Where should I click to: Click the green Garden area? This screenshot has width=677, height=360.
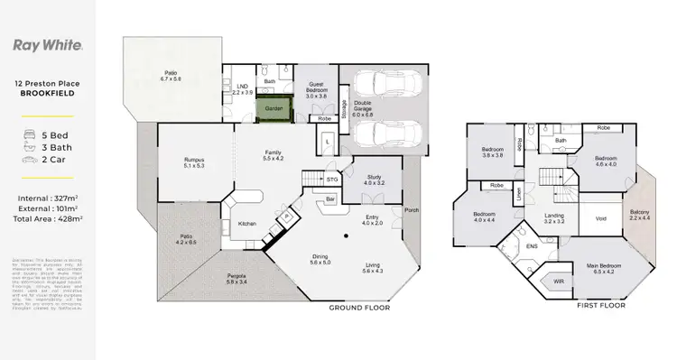pyautogui.click(x=274, y=109)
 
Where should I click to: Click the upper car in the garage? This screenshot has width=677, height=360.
pyautogui.click(x=385, y=88)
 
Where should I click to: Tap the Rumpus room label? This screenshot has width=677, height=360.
pyautogui.click(x=194, y=163)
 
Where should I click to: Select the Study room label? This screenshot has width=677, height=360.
pyautogui.click(x=373, y=180)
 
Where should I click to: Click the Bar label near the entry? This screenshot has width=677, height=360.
pyautogui.click(x=330, y=198)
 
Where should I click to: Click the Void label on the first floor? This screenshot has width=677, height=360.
pyautogui.click(x=600, y=217)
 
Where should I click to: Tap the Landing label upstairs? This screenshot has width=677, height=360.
pyautogui.click(x=554, y=217)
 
